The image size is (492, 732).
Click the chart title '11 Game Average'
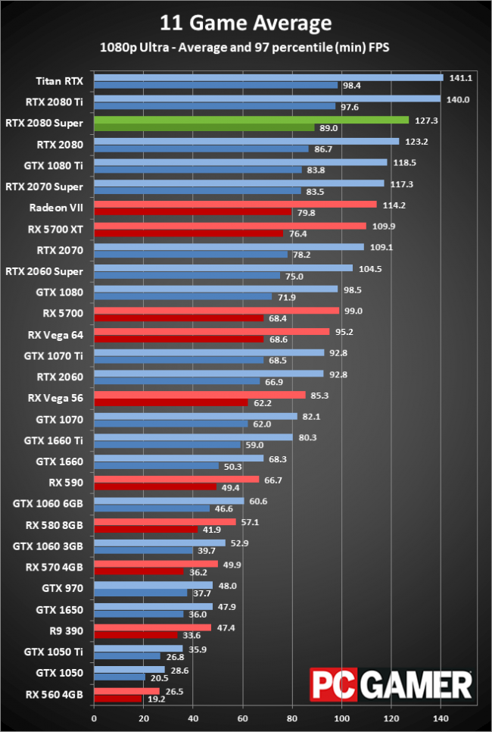246,23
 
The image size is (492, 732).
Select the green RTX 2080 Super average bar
251,120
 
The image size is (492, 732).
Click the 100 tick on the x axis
342,718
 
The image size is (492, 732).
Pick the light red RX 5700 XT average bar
229,226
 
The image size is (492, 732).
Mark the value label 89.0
329,128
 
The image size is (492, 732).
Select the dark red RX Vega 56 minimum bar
170,402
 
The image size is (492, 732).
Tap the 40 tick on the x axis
193,718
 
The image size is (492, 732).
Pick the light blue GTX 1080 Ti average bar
240,162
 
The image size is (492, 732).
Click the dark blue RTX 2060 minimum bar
176,381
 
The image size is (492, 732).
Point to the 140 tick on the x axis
441,718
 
